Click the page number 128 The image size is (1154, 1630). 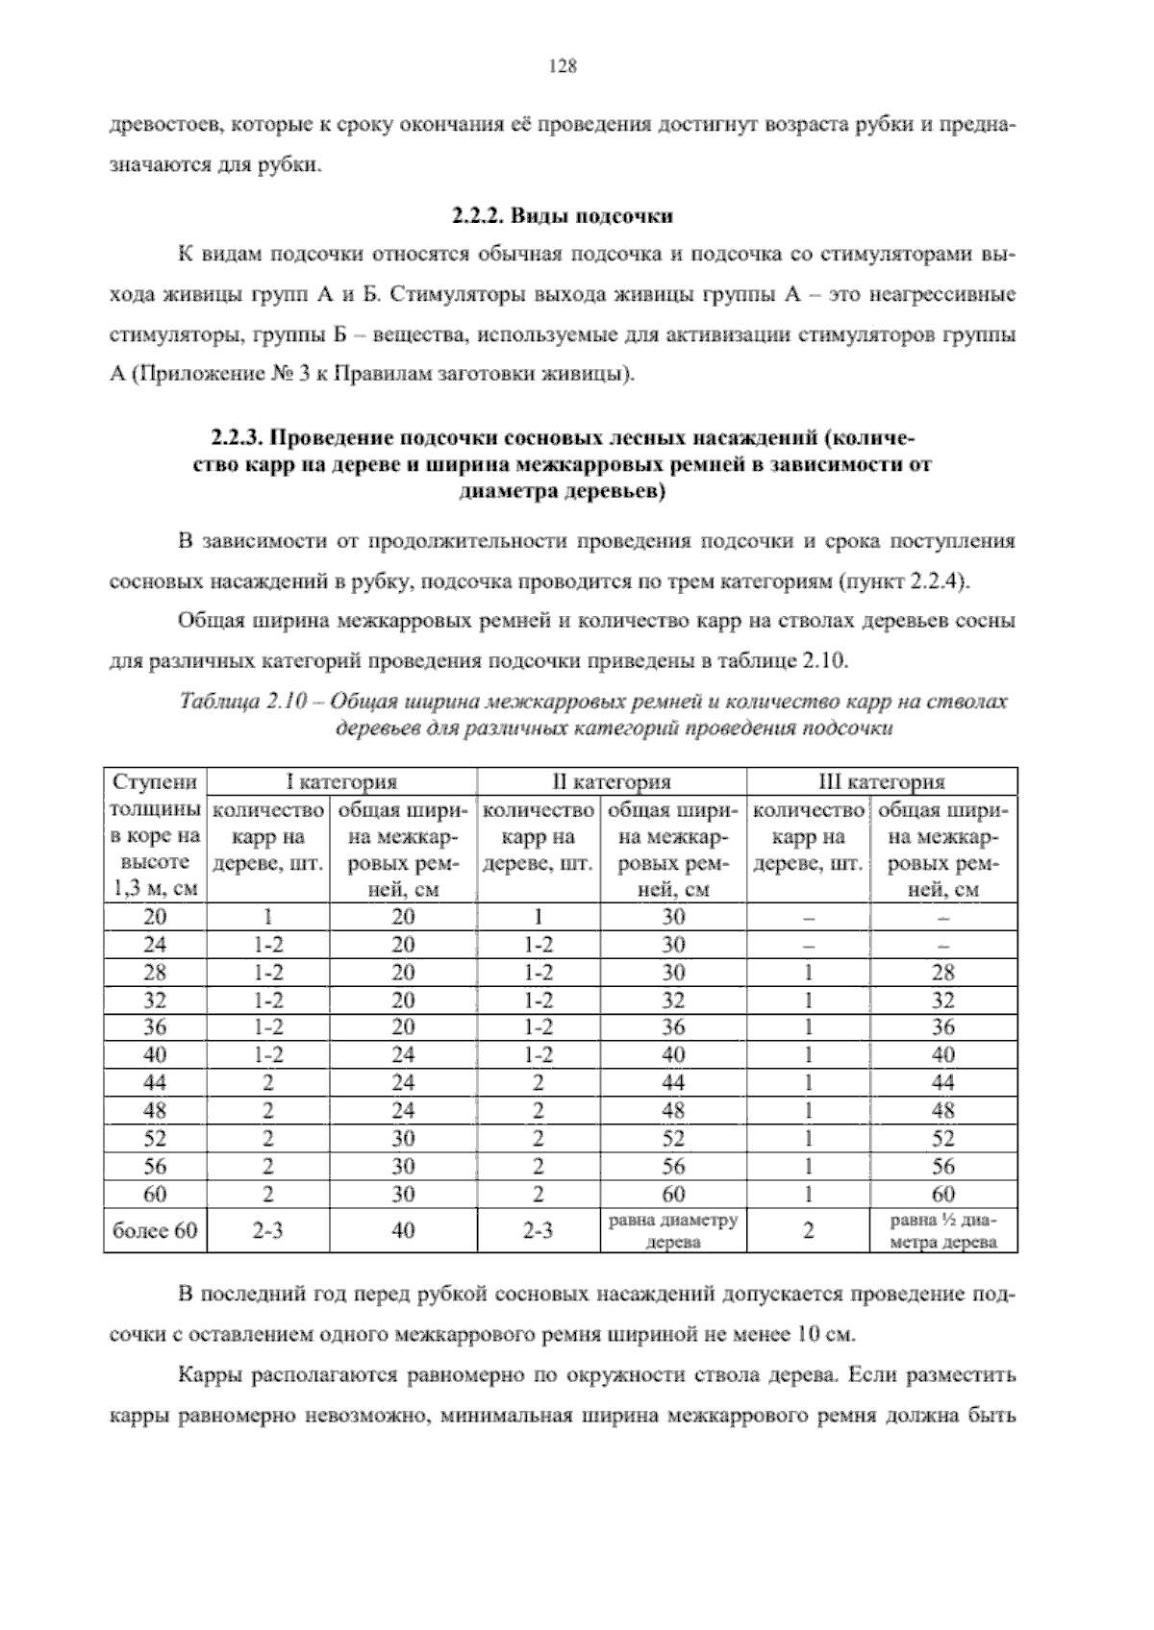562,66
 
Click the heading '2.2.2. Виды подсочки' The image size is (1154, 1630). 562,214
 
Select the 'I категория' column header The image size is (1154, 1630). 342,781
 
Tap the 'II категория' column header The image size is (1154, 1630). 612,781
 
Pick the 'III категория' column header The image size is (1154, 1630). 881,781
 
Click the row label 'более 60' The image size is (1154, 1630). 155,1231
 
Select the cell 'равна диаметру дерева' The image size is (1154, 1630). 673,1231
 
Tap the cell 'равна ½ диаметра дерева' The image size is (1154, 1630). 943,1231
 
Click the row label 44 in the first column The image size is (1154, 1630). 155,1083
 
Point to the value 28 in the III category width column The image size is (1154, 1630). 943,973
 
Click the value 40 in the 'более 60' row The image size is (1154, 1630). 403,1231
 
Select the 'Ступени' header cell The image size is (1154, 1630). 155,781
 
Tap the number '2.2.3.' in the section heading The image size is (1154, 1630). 238,439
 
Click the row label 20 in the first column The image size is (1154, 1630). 155,917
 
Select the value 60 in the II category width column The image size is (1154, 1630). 673,1195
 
